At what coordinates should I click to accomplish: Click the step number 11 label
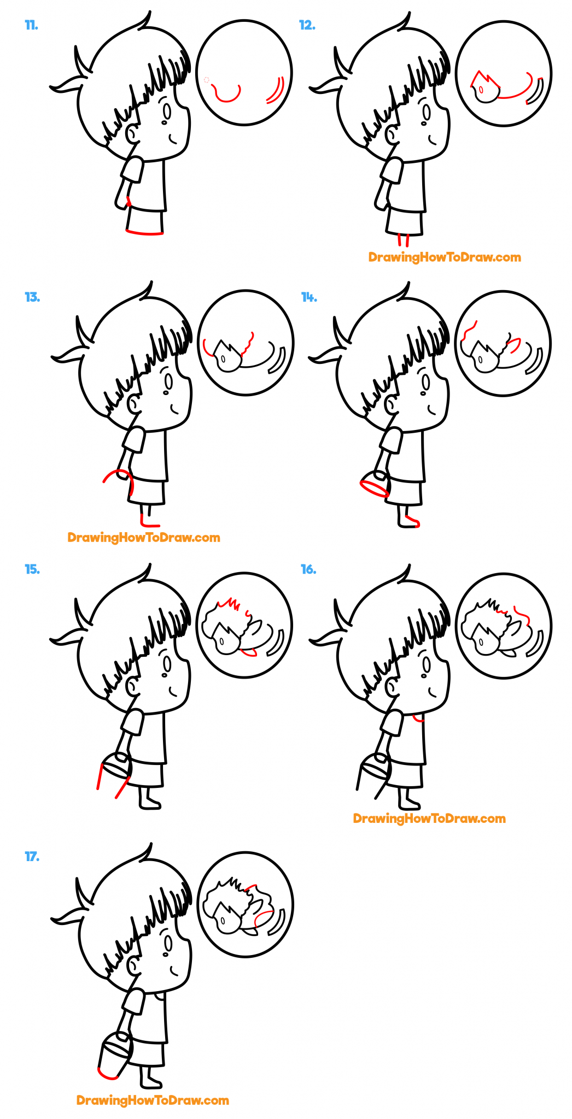(31, 25)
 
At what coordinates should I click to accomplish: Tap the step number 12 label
(307, 25)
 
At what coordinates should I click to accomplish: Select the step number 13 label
(32, 297)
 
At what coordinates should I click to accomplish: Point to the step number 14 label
(309, 297)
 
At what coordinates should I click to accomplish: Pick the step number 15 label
(32, 569)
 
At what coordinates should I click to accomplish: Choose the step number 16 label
(308, 569)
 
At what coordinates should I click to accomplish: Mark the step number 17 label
(32, 856)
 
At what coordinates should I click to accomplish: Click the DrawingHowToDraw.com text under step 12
(444, 257)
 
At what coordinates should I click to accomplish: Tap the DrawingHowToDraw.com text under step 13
(143, 538)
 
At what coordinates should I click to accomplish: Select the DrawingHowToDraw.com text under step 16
(429, 818)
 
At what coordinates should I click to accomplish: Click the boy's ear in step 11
(132, 133)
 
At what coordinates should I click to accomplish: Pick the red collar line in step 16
(418, 718)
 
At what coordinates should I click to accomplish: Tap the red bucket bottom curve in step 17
(107, 1074)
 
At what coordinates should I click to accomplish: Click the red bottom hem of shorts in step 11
(144, 233)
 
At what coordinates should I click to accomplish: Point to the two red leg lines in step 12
(404, 240)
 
